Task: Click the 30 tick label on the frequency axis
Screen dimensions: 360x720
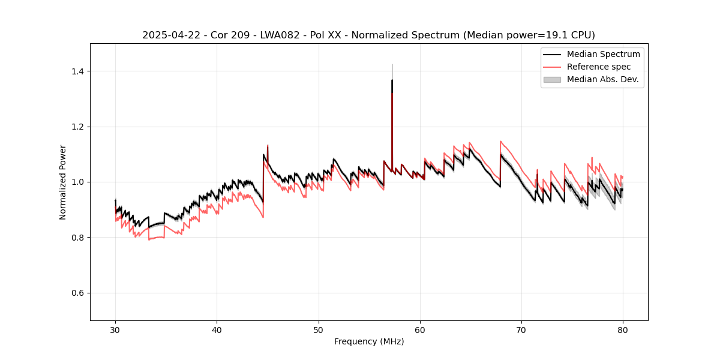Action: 115,330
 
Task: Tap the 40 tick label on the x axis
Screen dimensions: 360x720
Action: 217,330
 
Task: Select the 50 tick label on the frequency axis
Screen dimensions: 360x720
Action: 318,330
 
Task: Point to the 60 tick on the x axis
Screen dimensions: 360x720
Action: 420,330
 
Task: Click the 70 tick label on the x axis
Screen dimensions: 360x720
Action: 521,330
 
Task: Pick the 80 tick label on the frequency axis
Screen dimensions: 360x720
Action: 623,330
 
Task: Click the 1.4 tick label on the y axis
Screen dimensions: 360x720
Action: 77,71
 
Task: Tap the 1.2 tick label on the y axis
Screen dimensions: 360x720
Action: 77,127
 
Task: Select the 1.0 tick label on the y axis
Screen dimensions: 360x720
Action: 77,182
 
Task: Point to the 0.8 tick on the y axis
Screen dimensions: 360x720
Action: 77,238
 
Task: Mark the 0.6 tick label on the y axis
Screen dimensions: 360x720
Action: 77,293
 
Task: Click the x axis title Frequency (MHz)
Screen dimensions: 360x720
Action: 369,341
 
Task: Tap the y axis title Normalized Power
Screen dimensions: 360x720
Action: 63,182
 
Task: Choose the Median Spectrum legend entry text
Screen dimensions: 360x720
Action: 603,54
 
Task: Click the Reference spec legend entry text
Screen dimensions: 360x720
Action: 599,67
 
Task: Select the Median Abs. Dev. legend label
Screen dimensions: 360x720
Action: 602,79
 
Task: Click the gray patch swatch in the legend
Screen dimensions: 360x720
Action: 552,79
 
